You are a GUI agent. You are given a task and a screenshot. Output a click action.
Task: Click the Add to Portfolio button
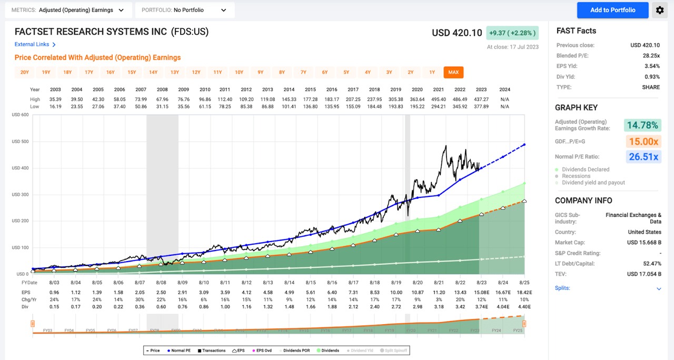(612, 10)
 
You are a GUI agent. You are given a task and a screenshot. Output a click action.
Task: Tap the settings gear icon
(659, 10)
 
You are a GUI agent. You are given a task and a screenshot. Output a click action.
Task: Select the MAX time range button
(453, 73)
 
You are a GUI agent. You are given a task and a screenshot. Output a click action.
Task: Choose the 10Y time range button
(239, 73)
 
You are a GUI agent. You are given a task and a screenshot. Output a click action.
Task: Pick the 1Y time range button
(432, 73)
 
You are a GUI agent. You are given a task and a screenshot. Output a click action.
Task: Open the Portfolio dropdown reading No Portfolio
(185, 10)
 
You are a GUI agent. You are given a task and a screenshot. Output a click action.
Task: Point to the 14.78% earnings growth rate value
(642, 125)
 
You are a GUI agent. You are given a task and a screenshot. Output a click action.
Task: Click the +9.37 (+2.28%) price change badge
(512, 33)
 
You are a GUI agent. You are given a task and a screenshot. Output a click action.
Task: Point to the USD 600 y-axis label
(21, 115)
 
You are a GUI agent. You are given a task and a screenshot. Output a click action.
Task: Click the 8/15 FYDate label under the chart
(311, 283)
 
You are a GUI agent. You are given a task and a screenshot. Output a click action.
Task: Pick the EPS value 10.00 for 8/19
(396, 292)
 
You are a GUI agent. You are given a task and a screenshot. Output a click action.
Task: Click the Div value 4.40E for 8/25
(524, 306)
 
